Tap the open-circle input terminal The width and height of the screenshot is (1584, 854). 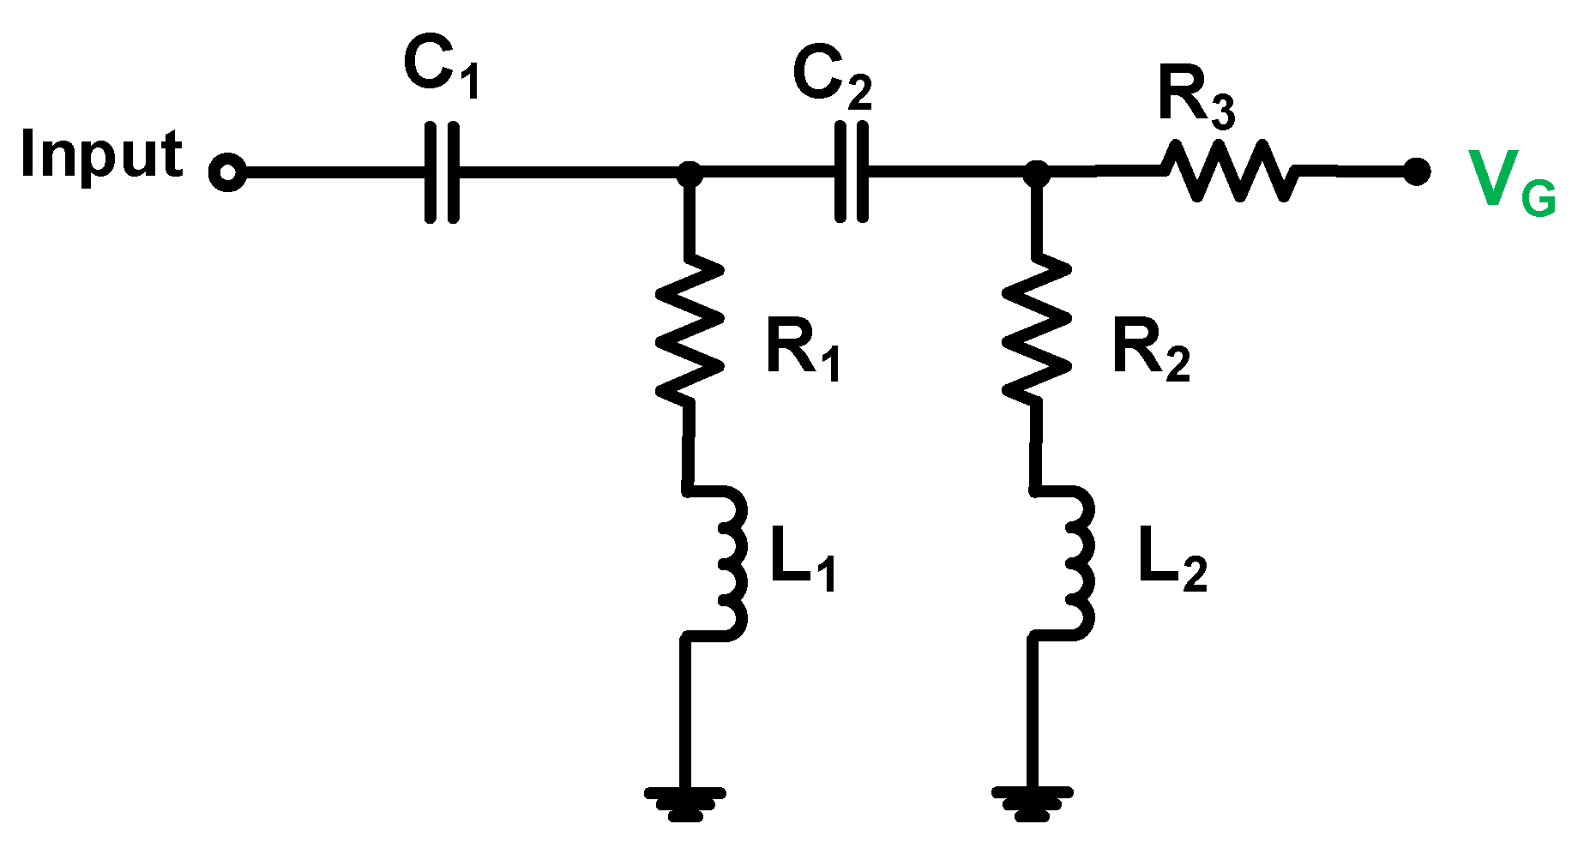(x=227, y=172)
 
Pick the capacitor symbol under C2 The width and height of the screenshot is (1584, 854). (x=851, y=172)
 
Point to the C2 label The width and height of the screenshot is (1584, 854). (x=831, y=79)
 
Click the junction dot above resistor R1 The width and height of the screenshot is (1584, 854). (x=690, y=173)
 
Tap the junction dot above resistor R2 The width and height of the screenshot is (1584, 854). (x=1037, y=173)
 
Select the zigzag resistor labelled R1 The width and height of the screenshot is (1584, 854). (x=689, y=330)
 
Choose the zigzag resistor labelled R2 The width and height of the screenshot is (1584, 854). (x=1037, y=330)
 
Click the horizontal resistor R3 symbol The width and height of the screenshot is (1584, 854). (x=1229, y=171)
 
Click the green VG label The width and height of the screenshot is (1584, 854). (x=1510, y=182)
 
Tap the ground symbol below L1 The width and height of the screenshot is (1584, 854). (x=685, y=803)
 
